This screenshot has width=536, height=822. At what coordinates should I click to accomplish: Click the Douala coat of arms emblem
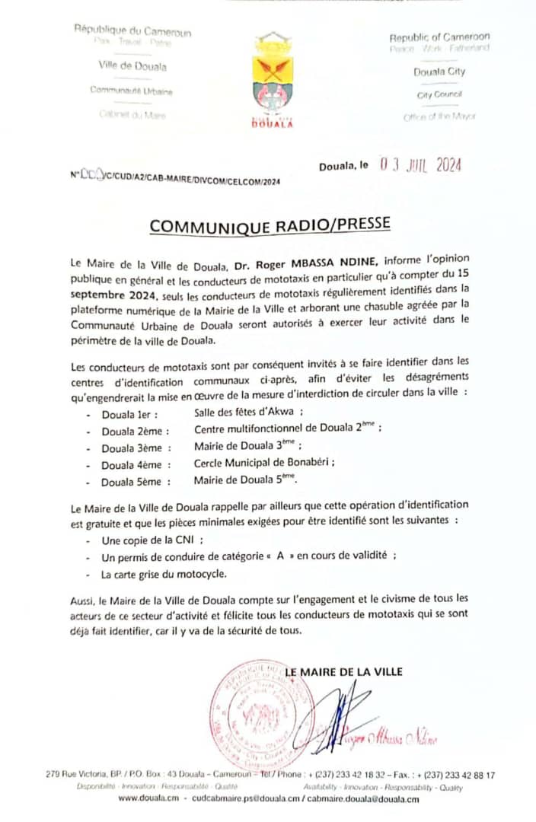(273, 76)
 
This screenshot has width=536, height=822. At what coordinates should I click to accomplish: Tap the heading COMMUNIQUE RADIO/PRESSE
(270, 225)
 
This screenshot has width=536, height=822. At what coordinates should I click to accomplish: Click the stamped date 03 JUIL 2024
(421, 164)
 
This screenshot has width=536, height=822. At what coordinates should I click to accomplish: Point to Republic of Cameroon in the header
(439, 37)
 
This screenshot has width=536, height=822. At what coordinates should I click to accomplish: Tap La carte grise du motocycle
(163, 574)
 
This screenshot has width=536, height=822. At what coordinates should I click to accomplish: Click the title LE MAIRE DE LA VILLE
(343, 672)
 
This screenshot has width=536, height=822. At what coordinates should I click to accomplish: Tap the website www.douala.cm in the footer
(148, 799)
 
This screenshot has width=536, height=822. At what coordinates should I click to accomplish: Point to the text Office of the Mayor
(439, 117)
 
